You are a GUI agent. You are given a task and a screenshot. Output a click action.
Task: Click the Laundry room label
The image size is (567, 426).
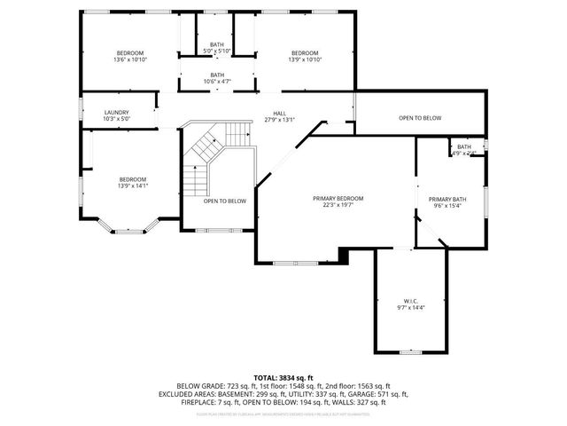tap(117, 113)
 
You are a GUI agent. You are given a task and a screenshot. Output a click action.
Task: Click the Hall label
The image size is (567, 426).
tap(279, 114)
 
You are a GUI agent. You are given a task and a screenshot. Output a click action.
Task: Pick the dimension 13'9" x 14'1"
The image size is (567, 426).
tap(132, 185)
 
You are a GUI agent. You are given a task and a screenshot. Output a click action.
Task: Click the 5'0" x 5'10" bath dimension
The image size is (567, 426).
tap(217, 51)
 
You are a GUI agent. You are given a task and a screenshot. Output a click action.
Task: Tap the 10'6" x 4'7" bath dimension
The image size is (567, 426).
tap(217, 82)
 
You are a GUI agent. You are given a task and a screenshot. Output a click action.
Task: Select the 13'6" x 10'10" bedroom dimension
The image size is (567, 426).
tap(129, 59)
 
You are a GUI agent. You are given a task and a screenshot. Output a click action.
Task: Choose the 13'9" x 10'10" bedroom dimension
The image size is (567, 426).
tap(305, 59)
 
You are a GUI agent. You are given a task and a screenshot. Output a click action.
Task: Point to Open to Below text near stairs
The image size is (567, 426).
tap(225, 201)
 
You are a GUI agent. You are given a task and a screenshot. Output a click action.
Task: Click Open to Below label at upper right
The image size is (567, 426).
tap(419, 118)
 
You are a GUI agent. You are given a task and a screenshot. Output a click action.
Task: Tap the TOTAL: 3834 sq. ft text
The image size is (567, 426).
tap(283, 377)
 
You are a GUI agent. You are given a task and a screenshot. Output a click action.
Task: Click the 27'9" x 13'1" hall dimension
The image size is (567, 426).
tap(279, 120)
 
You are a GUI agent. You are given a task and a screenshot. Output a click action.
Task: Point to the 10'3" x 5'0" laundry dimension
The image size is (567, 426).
tap(117, 119)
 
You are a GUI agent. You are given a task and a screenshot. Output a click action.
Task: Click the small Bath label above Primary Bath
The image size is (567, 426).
tap(464, 147)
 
